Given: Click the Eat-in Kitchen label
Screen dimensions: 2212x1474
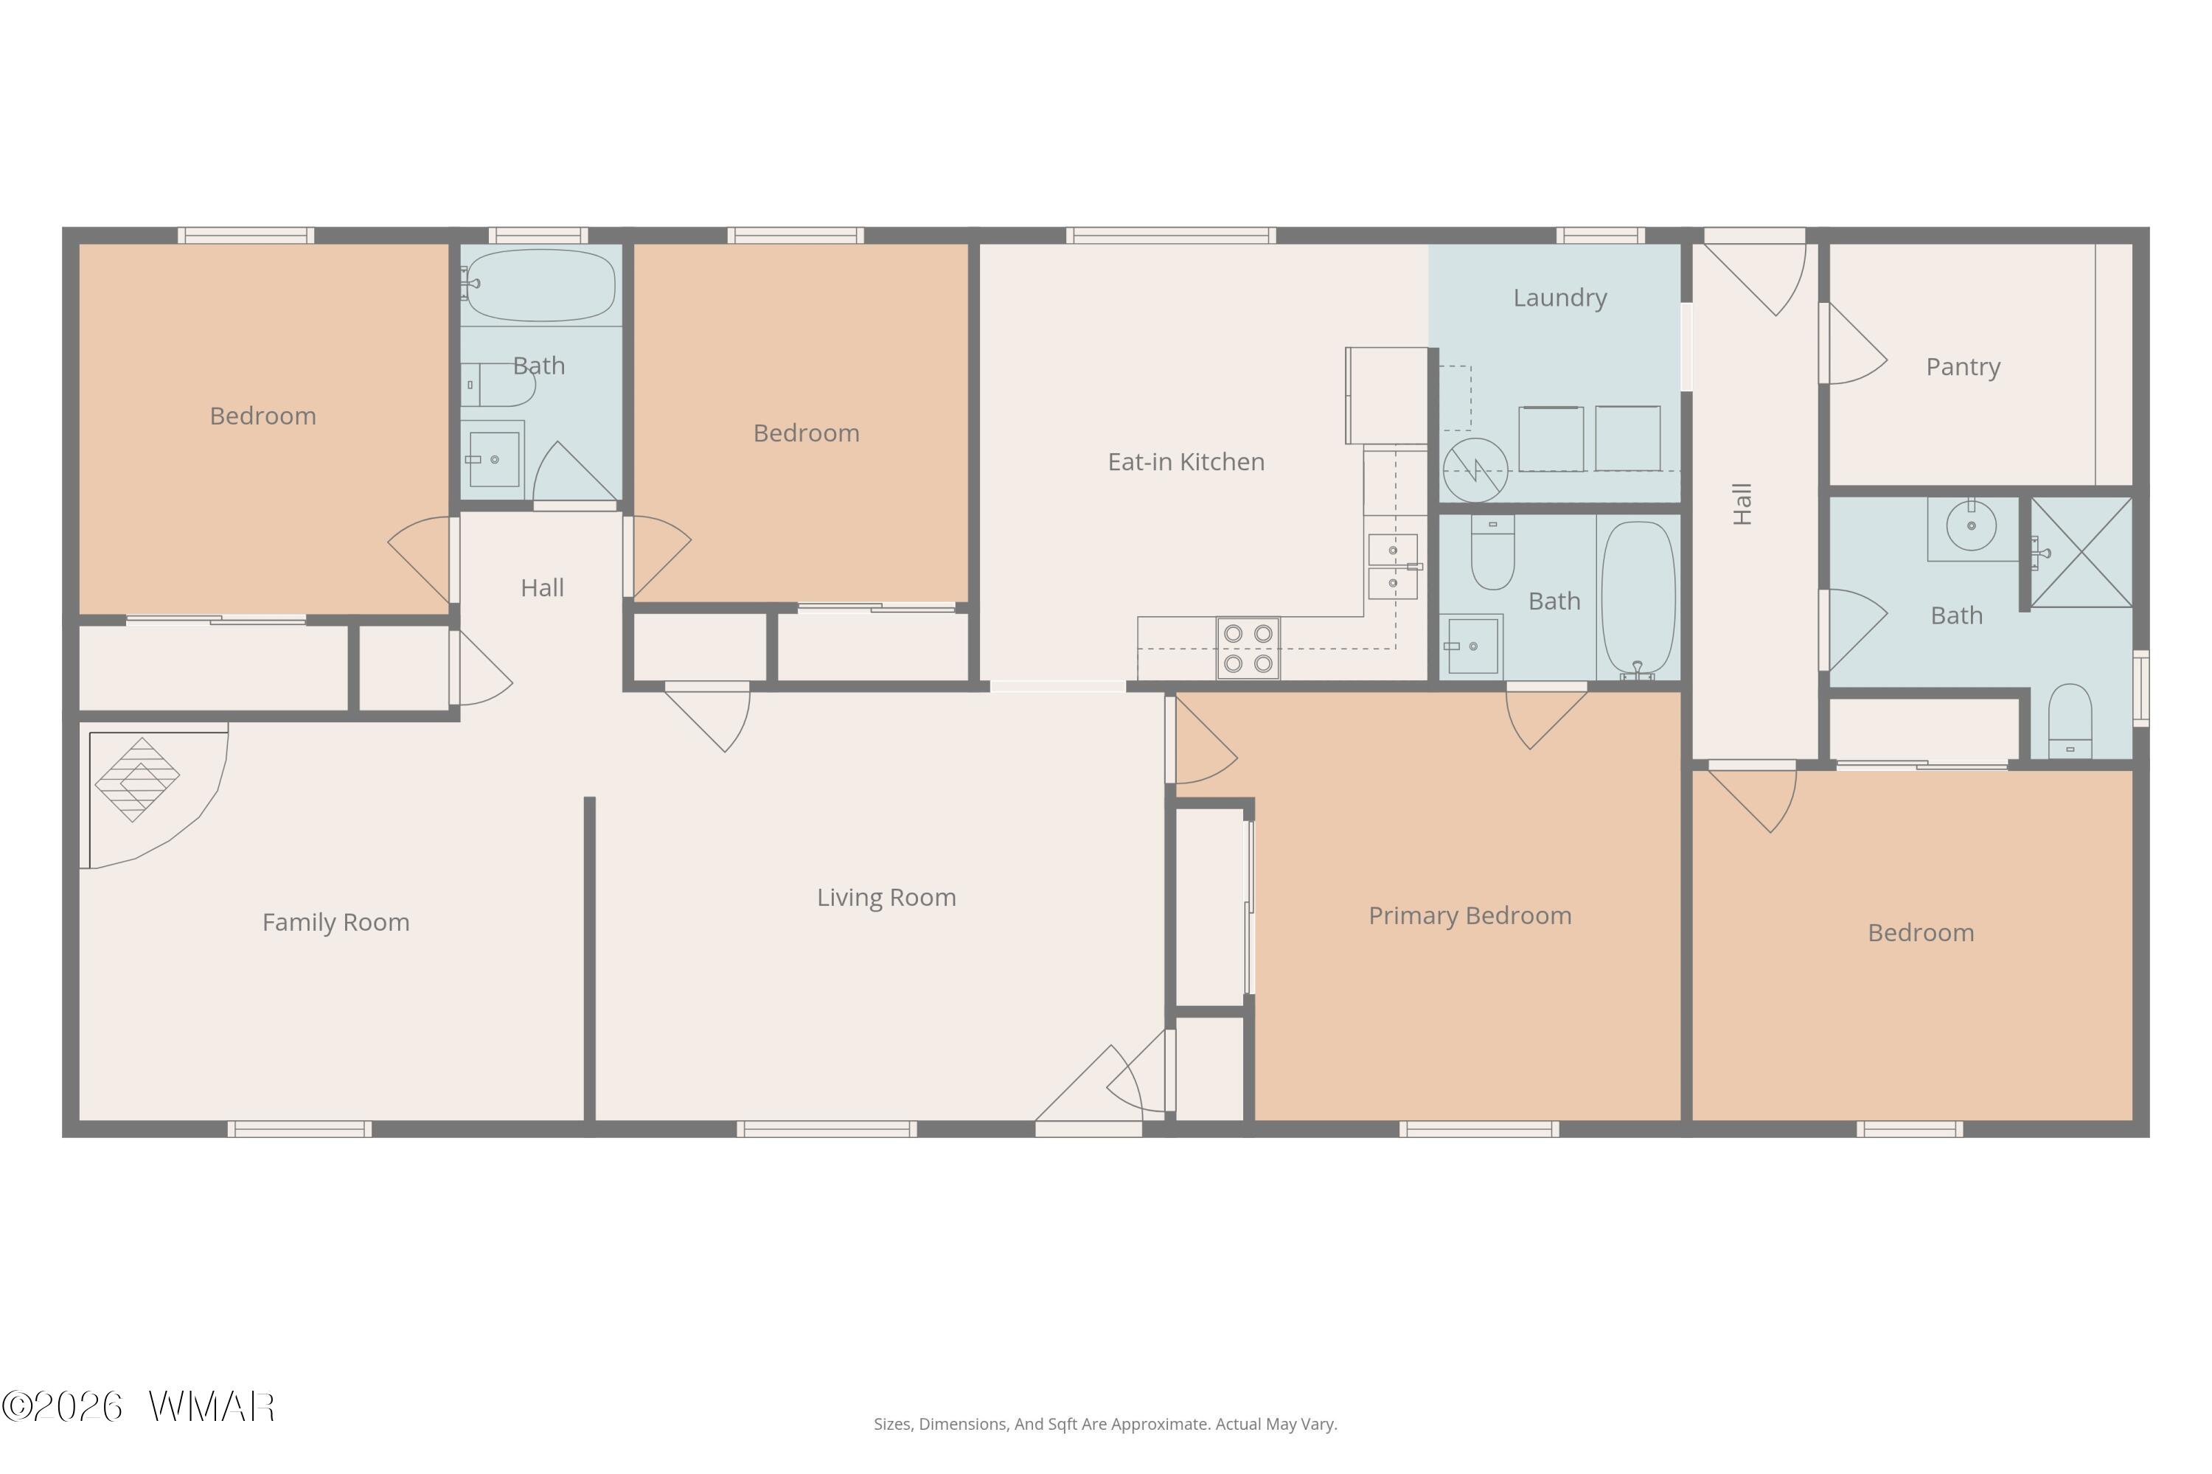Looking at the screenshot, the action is [1186, 461].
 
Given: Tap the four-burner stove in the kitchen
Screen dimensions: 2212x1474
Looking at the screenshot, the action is [1248, 648].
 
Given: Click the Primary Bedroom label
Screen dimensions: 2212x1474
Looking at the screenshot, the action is [1470, 915].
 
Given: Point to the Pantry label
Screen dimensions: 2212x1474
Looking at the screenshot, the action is [1963, 366].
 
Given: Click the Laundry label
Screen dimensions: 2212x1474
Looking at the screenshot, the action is [1560, 298].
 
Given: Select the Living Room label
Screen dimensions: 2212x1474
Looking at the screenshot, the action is [886, 898].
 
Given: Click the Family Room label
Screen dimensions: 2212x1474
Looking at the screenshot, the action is [335, 922].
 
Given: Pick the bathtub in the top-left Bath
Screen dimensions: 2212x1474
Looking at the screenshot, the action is [540, 284].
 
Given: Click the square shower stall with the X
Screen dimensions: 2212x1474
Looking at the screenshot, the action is [2081, 552].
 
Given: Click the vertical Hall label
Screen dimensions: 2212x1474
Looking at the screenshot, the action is [1742, 504].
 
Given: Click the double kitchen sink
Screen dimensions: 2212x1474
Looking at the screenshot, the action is [1393, 567].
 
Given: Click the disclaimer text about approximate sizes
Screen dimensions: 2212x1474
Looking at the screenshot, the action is [1105, 1424].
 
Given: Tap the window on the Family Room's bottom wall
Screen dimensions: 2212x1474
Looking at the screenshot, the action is [300, 1129].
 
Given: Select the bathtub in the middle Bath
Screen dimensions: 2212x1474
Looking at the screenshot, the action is [1638, 598].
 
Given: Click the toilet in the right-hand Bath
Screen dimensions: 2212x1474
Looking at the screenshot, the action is [2070, 721].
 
